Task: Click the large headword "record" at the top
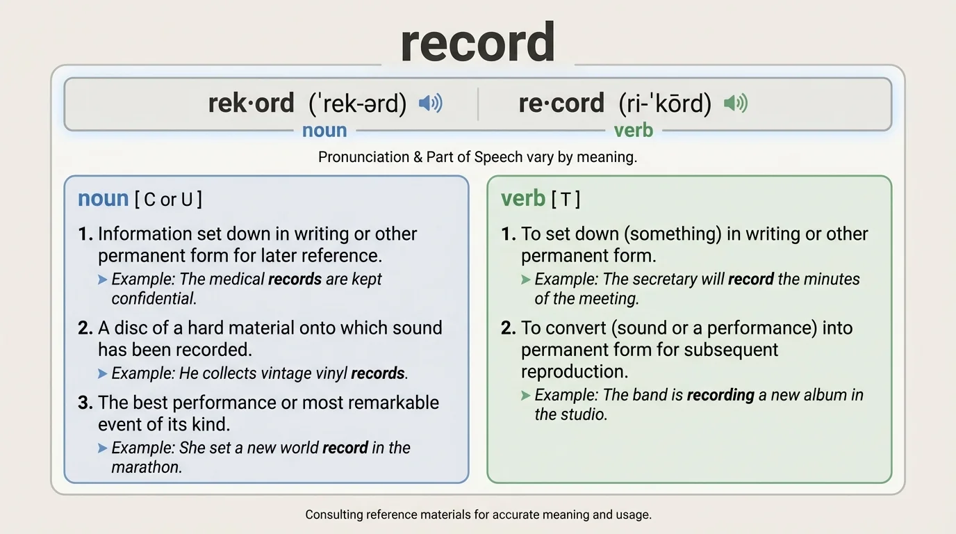point(477,43)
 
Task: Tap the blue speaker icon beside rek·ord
point(430,104)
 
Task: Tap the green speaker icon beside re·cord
point(735,104)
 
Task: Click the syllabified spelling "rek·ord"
point(252,104)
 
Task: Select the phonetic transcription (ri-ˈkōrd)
point(665,104)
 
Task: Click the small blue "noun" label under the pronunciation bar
point(324,130)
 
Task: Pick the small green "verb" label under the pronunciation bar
point(634,130)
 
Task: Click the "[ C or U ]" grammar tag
point(169,200)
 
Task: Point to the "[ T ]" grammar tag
point(566,200)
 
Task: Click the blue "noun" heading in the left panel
point(103,199)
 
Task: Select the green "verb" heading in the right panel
point(522,199)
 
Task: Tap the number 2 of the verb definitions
point(507,327)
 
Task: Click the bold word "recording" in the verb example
point(720,396)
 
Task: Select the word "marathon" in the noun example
point(146,467)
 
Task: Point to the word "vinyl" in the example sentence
point(330,373)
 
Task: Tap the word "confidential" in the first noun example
point(153,299)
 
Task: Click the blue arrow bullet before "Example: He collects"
point(103,374)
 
